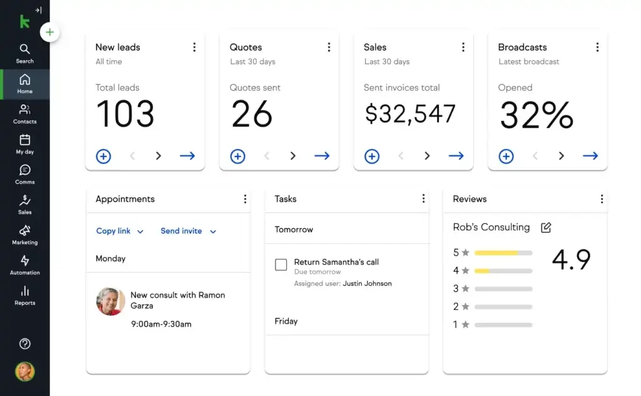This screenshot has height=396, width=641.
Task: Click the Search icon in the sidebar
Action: click(x=24, y=49)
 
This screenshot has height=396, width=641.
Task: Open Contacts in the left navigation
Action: click(x=24, y=110)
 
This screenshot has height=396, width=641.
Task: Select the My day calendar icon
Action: click(x=24, y=140)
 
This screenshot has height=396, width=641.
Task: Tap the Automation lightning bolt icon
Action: click(x=24, y=261)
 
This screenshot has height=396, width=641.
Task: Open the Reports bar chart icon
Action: click(x=24, y=292)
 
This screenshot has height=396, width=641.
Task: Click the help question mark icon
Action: click(x=25, y=343)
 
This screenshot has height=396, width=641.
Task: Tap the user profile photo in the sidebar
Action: click(x=25, y=372)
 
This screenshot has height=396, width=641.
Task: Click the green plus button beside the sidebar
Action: click(x=50, y=33)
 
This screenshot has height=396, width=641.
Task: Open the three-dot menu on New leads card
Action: click(x=194, y=48)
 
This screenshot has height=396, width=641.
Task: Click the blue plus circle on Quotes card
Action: click(x=238, y=156)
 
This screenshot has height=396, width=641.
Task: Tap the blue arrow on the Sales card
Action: click(x=456, y=156)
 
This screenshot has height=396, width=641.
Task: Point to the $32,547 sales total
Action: click(x=410, y=114)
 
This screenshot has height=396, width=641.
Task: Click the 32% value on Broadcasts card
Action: click(x=536, y=115)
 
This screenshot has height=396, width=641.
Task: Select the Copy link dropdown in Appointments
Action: click(x=120, y=231)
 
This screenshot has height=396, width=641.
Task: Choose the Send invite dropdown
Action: click(x=188, y=231)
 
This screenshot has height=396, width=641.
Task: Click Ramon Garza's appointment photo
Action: click(x=111, y=302)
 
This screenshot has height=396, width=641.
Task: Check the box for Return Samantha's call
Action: click(x=281, y=265)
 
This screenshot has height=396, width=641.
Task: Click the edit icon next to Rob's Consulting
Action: click(x=546, y=228)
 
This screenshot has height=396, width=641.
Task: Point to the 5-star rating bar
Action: click(x=503, y=253)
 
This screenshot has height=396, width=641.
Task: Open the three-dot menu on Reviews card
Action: click(x=602, y=199)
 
